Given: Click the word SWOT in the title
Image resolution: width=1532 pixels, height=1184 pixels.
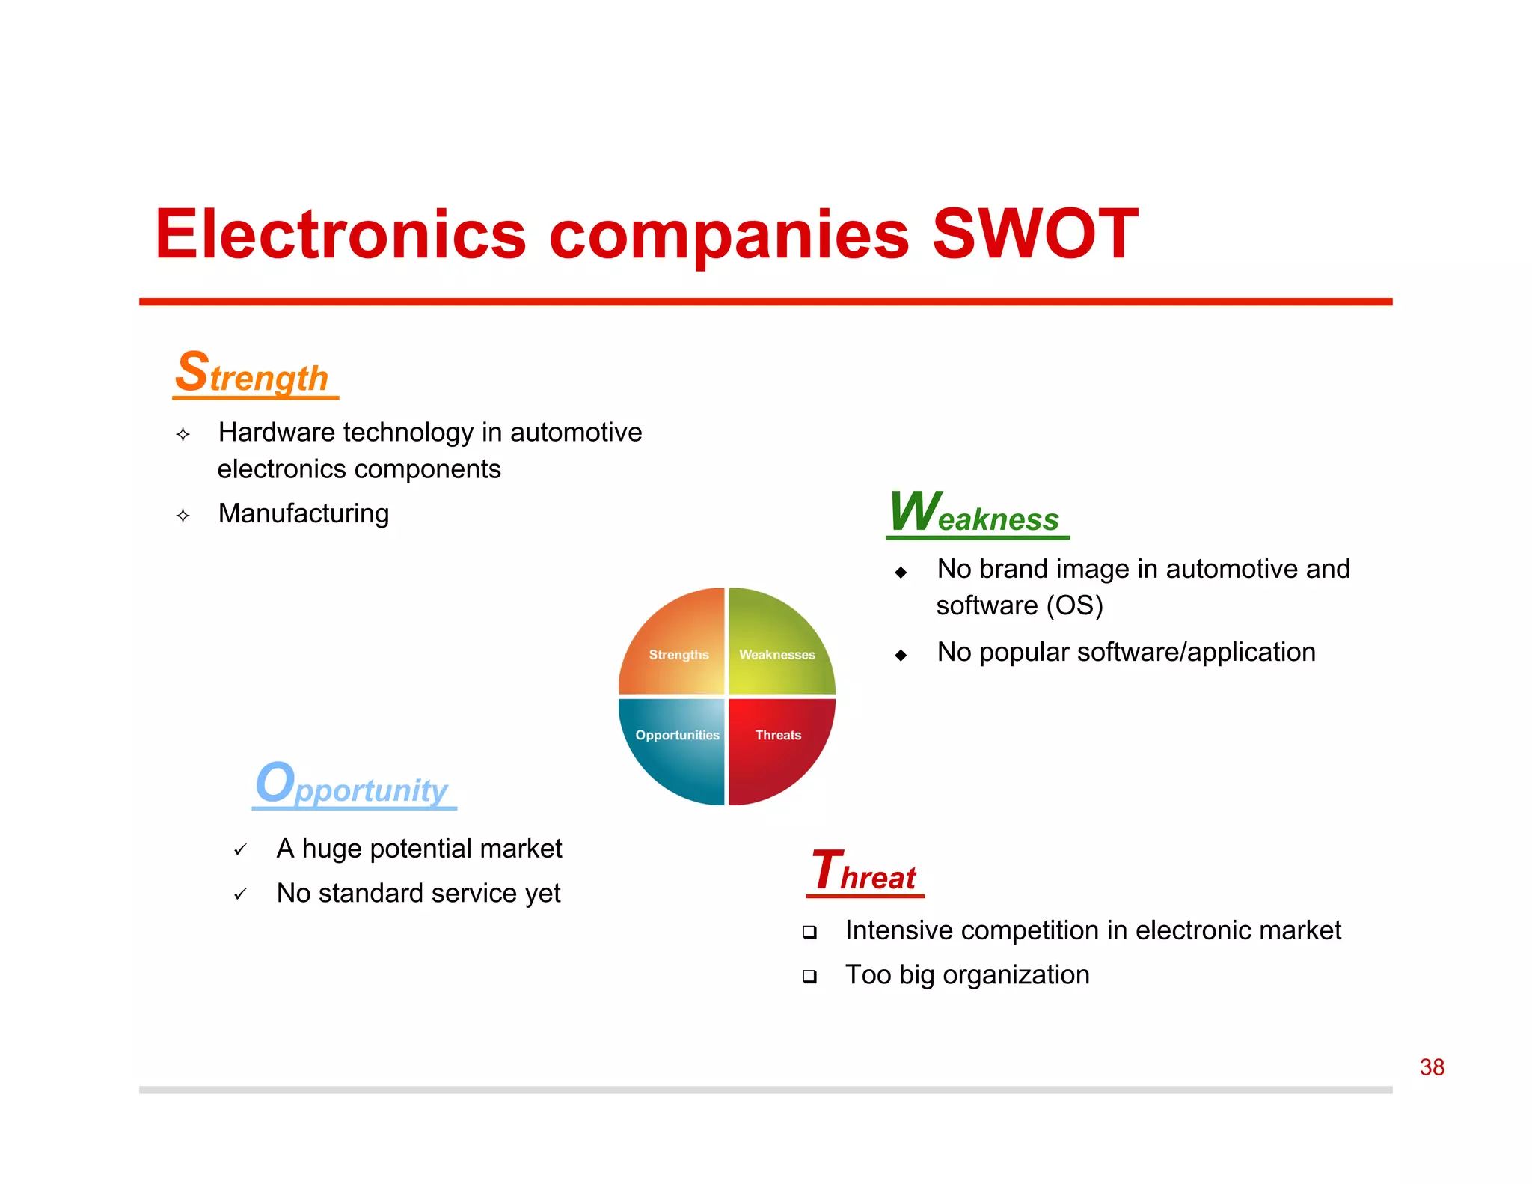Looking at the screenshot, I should [1035, 234].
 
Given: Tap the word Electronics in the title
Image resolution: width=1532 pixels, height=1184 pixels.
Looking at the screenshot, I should [340, 234].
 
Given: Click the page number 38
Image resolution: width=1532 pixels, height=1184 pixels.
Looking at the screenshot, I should [1431, 1067].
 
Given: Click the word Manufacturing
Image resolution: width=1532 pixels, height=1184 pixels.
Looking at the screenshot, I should [304, 513].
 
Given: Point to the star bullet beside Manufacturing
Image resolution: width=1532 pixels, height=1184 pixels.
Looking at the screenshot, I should [183, 516].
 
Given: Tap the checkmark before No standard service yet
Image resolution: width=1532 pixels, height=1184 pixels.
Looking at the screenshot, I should [240, 894].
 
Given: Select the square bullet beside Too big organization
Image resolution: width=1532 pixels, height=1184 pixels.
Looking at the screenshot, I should [809, 976].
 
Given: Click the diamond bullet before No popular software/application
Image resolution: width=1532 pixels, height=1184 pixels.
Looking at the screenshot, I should [901, 655].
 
